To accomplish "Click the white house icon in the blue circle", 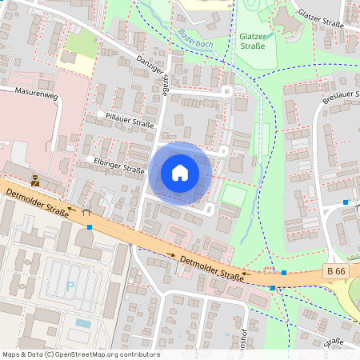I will coord(180,172).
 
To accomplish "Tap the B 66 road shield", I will coord(337,272).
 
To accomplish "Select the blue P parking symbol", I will coord(70,285).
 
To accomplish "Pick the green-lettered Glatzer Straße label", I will coord(255,41).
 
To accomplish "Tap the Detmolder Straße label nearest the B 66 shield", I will coord(211,268).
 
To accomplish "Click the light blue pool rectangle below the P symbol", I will coord(83,323).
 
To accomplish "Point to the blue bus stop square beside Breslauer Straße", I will coord(346,202).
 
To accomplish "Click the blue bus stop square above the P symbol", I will coord(90,227).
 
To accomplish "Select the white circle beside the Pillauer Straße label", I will coord(101,115).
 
